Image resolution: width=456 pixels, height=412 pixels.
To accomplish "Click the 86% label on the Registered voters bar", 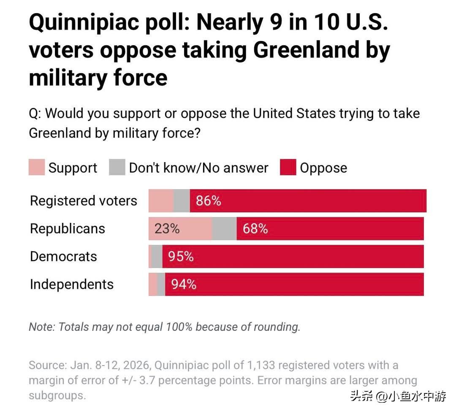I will point(208,201).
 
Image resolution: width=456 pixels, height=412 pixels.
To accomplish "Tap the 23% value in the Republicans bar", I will point(167,229).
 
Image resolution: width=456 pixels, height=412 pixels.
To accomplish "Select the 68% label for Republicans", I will point(255,229).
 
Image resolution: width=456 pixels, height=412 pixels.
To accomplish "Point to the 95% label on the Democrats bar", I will point(181,257).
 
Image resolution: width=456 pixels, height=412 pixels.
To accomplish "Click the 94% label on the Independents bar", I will point(184,285).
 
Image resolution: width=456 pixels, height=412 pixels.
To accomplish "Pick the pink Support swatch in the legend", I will point(37,168).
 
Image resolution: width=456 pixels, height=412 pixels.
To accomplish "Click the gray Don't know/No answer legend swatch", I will point(117,168).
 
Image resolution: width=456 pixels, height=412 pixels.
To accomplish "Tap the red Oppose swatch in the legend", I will point(288,168).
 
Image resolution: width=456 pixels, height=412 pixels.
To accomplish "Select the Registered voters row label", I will point(84,201).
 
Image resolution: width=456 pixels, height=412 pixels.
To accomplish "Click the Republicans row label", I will point(68,229).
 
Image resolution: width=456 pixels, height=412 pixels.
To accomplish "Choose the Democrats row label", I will point(63,257).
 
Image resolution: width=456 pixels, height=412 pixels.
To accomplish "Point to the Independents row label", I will point(72,285).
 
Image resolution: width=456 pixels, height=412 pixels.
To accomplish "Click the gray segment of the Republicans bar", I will point(224,229).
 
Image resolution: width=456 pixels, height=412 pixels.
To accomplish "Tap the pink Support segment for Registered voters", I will point(161,201).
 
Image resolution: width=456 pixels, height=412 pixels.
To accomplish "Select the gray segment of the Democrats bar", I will point(157,257).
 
